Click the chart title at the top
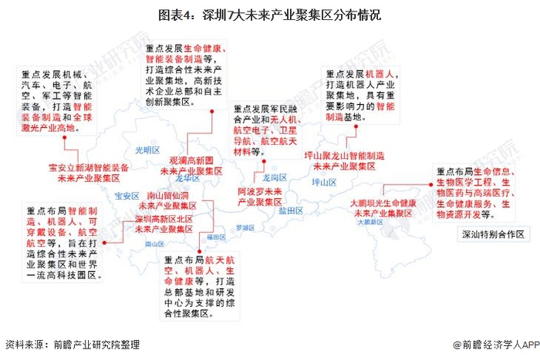click(270, 14)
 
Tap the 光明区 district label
click(145, 150)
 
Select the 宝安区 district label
click(126, 196)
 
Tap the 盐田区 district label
click(292, 210)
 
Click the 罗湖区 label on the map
click(245, 227)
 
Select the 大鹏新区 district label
click(370, 221)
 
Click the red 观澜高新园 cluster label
click(196, 165)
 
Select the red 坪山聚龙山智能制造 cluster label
click(339, 160)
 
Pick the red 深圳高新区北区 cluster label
click(164, 224)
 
